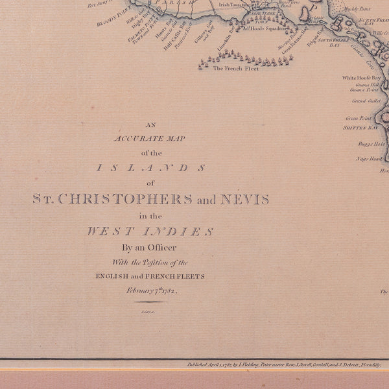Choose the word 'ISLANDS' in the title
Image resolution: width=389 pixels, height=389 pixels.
[151, 168]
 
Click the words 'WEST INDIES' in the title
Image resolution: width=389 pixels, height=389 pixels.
[150, 231]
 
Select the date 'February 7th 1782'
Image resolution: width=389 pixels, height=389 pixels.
[151, 291]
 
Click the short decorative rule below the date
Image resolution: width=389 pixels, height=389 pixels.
[151, 302]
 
